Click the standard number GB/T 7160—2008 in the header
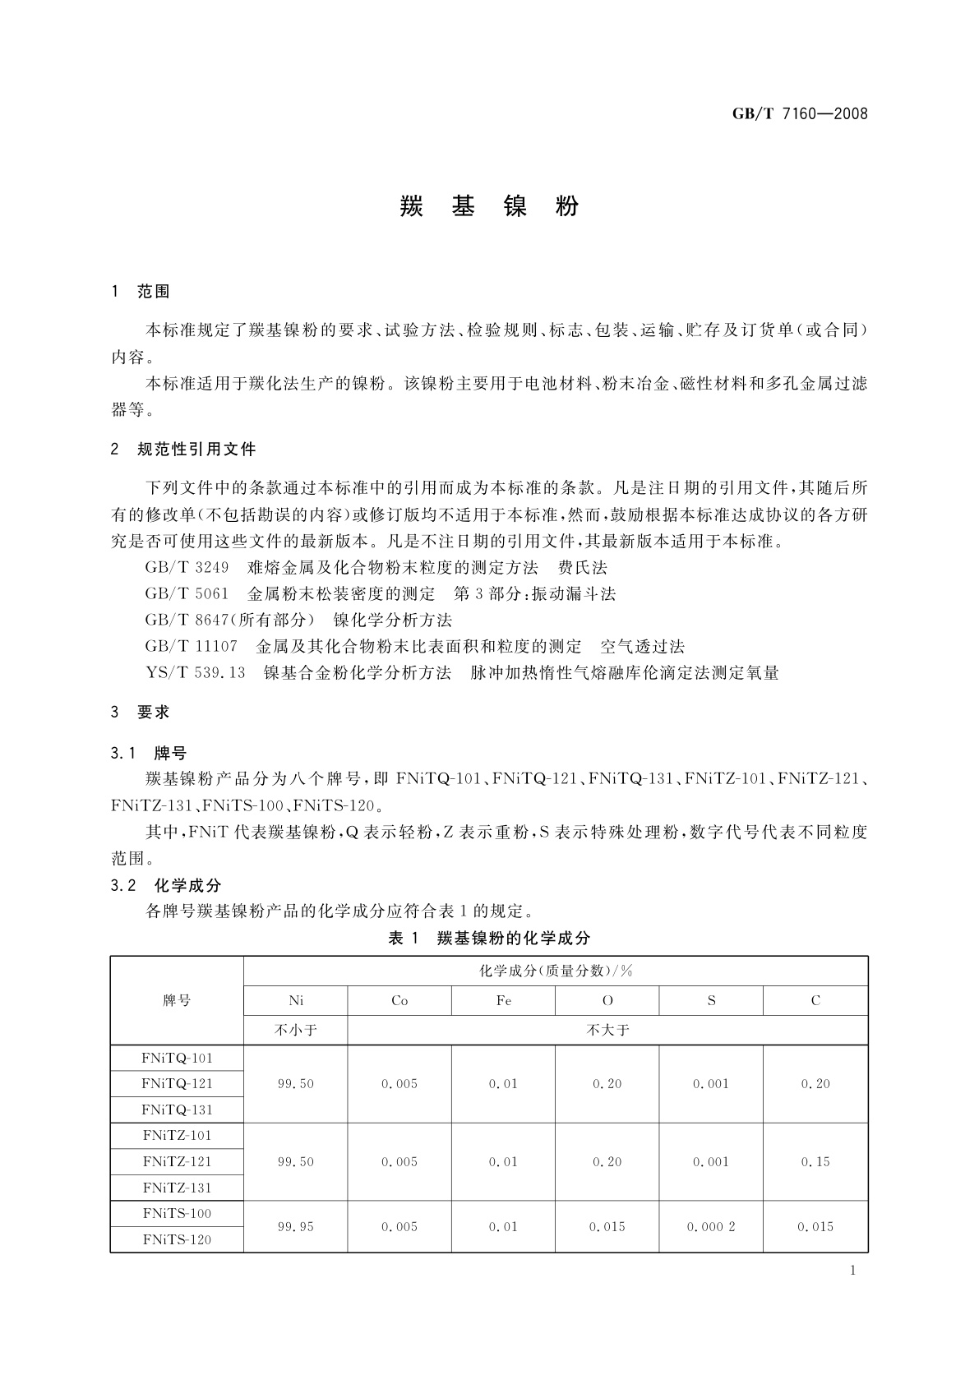click(x=800, y=113)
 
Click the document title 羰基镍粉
click(x=490, y=206)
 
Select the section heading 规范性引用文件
click(x=196, y=449)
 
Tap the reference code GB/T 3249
click(x=187, y=567)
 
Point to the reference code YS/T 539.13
click(x=196, y=672)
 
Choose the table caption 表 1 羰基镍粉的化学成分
click(x=489, y=938)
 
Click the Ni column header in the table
click(x=296, y=1000)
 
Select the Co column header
click(x=399, y=1000)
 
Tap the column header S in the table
click(x=711, y=1000)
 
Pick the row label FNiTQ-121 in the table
click(x=177, y=1083)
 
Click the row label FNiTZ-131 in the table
click(x=177, y=1188)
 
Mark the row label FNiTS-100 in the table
click(x=177, y=1213)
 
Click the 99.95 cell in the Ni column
click(x=296, y=1226)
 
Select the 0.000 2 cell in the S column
click(x=711, y=1226)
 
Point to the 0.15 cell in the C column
click(x=815, y=1161)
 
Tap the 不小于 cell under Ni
click(x=296, y=1030)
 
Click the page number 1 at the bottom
click(x=852, y=1271)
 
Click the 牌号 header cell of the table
click(x=177, y=1000)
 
